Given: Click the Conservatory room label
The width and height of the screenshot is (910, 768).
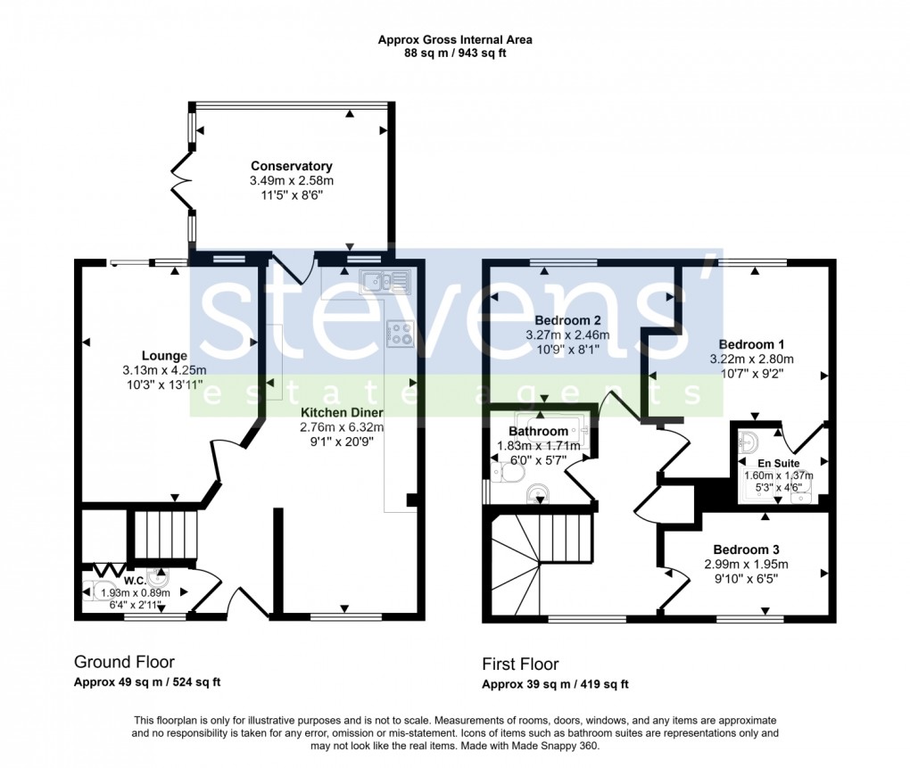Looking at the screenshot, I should (291, 166).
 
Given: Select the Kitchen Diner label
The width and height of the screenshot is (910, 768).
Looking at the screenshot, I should (342, 413).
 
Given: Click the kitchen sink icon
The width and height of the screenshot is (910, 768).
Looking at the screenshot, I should (385, 283).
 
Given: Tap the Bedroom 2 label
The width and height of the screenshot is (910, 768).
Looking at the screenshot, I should (567, 320).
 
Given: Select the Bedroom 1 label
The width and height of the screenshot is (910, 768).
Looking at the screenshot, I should (751, 344).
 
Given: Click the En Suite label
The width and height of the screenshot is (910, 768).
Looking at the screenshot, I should (779, 463).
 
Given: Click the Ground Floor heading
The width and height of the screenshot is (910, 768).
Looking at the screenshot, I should (124, 662).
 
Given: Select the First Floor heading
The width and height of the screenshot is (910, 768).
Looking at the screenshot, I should (520, 665).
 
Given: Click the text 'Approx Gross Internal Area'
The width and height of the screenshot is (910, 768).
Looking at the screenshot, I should (455, 39).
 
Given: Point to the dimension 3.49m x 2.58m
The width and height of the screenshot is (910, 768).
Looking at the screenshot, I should (291, 180).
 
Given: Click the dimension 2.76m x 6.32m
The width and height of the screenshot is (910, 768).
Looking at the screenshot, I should (342, 427).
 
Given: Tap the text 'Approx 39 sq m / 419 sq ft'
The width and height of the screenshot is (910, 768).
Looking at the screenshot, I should (555, 685).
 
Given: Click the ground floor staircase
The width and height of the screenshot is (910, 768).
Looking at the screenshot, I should (164, 534).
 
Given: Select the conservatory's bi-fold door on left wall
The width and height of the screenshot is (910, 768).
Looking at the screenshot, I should (182, 182).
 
